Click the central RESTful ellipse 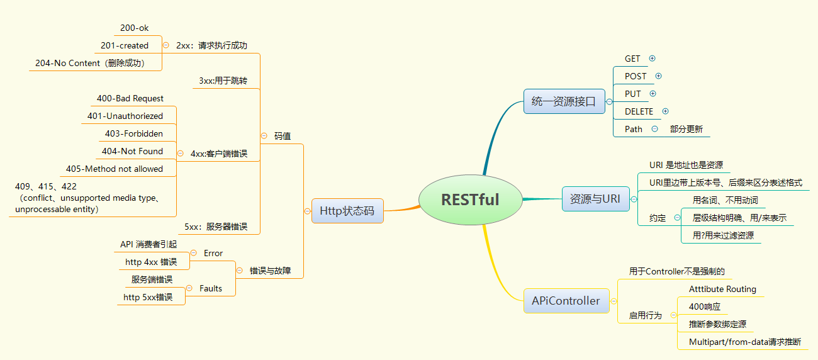click(x=471, y=200)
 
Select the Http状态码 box click(x=347, y=211)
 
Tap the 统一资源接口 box click(x=564, y=101)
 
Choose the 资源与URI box click(x=596, y=199)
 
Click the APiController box click(x=566, y=301)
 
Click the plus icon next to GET click(x=653, y=59)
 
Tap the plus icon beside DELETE click(x=665, y=111)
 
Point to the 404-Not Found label click(x=132, y=151)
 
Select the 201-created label click(x=125, y=46)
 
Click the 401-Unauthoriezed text click(x=125, y=116)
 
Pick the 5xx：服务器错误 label click(x=216, y=227)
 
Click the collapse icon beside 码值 click(x=264, y=136)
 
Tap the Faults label click(x=211, y=288)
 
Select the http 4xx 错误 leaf click(x=151, y=262)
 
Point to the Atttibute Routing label click(x=722, y=289)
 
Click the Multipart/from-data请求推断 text click(x=745, y=342)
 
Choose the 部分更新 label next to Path click(x=686, y=129)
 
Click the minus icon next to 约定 click(x=677, y=218)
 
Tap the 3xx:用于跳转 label click(x=223, y=81)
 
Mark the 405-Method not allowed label click(x=115, y=169)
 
